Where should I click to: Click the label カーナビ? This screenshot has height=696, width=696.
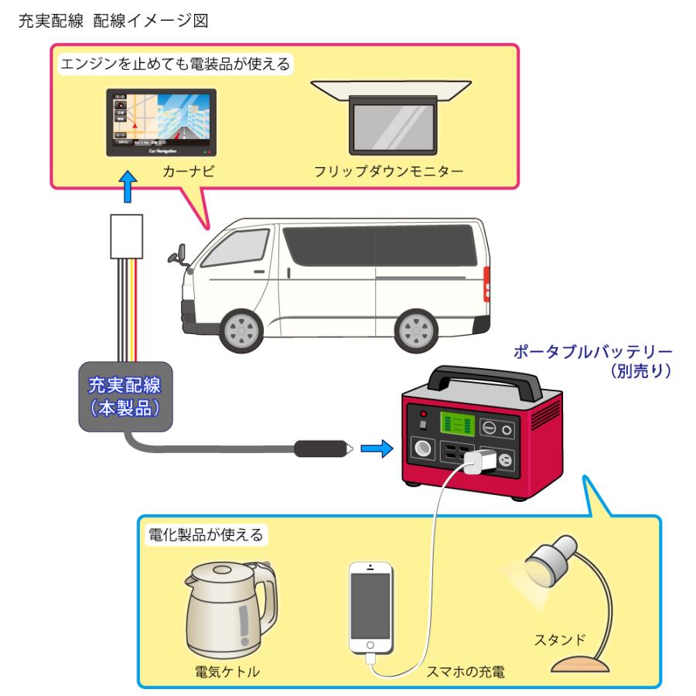162,171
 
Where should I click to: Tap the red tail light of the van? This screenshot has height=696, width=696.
487,283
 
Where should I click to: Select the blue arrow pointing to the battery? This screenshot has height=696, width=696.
374,449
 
